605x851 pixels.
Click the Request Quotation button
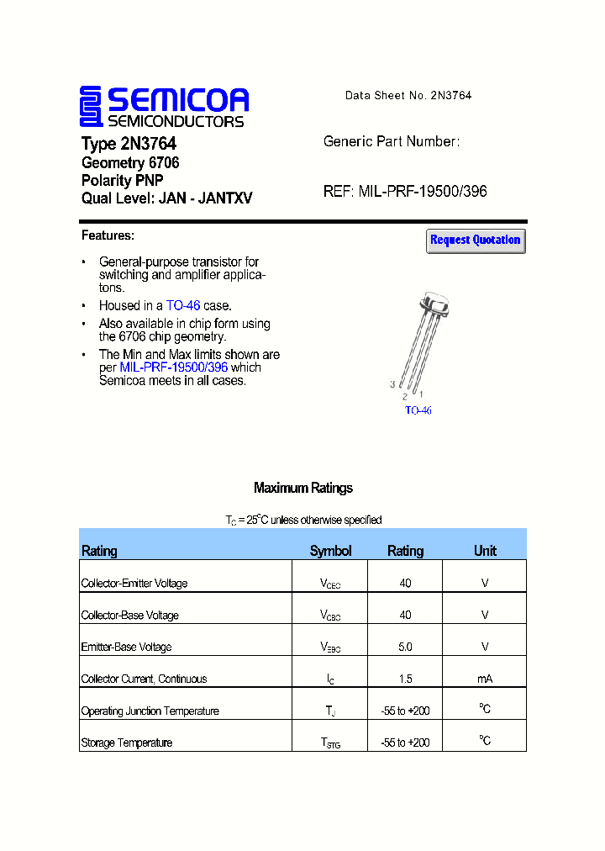click(x=476, y=240)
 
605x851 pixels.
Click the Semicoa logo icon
click(x=91, y=107)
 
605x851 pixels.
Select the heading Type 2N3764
click(x=129, y=144)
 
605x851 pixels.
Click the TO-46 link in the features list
click(x=183, y=306)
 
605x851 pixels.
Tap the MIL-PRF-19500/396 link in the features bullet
click(x=174, y=367)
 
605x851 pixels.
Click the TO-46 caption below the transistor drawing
click(x=418, y=410)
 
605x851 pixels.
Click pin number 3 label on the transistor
click(x=392, y=384)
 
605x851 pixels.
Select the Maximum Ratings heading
click(x=302, y=488)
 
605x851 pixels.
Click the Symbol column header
click(x=330, y=551)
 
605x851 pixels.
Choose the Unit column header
click(x=485, y=551)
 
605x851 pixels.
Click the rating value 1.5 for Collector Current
click(x=405, y=679)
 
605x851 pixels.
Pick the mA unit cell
click(x=485, y=679)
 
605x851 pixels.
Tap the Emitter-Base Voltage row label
click(x=126, y=647)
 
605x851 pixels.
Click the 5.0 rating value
click(x=405, y=647)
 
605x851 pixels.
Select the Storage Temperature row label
click(x=127, y=743)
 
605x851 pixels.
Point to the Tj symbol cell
click(x=330, y=711)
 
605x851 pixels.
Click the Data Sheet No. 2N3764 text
click(x=408, y=95)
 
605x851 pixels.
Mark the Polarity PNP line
click(x=122, y=181)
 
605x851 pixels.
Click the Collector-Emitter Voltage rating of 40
click(x=405, y=583)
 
